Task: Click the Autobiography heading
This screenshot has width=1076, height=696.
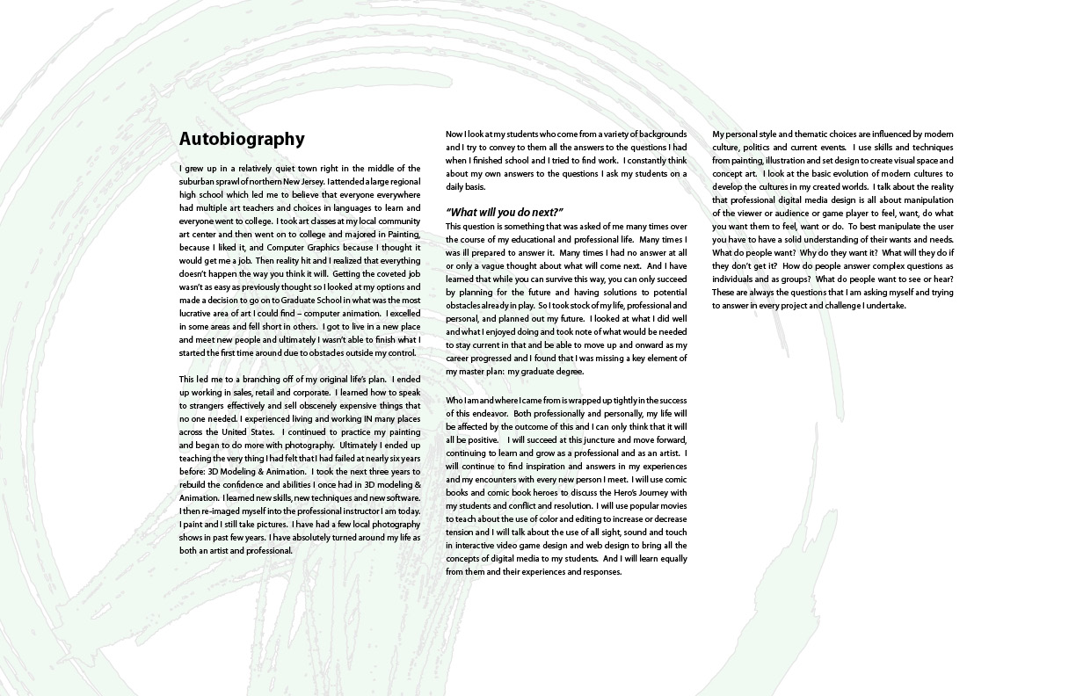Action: pos(242,139)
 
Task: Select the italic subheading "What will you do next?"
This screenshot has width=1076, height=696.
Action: pos(504,213)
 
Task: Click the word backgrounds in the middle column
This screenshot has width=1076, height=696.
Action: pos(659,134)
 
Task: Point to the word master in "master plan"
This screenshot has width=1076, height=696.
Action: pos(460,372)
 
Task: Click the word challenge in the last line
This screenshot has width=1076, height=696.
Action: pos(886,306)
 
